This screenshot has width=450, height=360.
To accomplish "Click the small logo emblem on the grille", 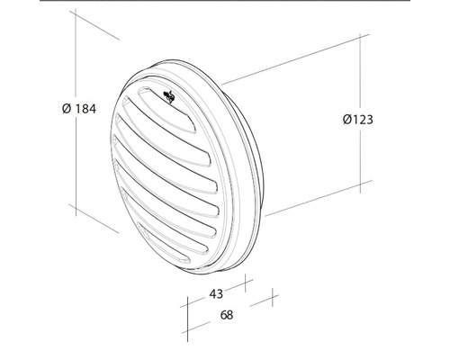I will (x=169, y=96).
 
